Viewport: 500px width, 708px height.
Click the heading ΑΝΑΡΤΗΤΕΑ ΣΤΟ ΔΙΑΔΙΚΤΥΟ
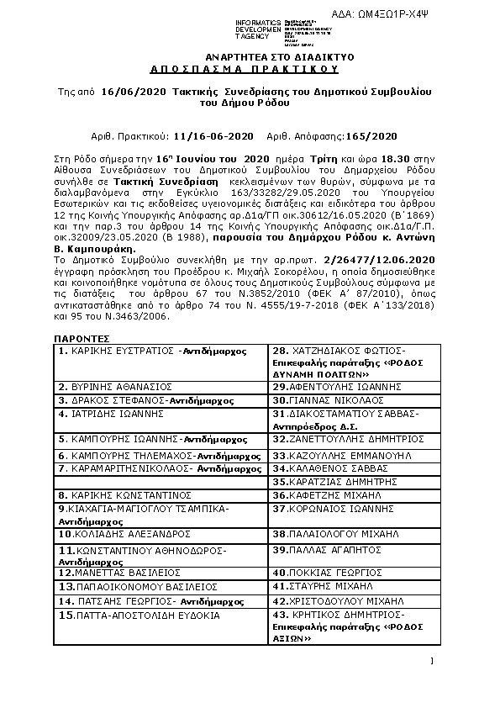pyautogui.click(x=250, y=55)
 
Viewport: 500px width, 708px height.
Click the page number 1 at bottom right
pyautogui.click(x=431, y=663)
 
